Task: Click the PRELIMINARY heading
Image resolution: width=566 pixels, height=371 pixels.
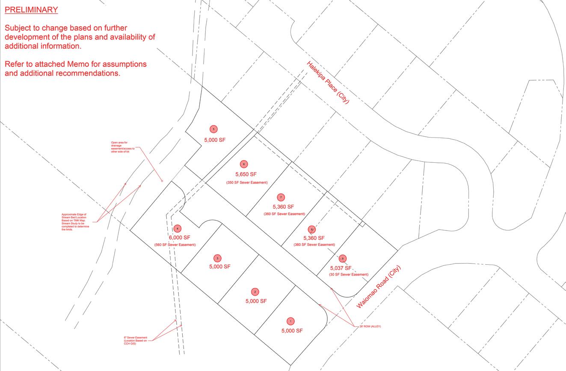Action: point(31,9)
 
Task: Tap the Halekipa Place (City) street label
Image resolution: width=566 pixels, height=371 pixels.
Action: point(328,83)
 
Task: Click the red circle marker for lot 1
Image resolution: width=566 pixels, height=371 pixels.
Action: point(290,321)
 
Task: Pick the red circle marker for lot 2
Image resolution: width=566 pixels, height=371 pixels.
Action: point(255,292)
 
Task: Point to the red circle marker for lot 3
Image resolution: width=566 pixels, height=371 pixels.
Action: point(218,258)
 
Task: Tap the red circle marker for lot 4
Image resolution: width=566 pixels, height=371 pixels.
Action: point(178,228)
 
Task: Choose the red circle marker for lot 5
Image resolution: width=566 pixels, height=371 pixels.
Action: point(213,129)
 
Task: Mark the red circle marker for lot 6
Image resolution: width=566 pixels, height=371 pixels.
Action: point(244,164)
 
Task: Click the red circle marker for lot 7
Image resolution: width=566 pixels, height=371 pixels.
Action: point(281,197)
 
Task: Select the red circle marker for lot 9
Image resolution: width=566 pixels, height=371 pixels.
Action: point(342,258)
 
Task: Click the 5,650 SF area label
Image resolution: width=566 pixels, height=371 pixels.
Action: point(246,174)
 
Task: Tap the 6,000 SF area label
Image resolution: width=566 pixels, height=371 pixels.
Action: point(180,237)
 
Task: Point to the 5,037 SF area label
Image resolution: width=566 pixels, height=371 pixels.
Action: point(341,268)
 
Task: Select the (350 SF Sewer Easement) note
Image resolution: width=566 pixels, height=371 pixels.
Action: point(247,183)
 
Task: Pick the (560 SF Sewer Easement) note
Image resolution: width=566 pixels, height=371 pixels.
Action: point(175,245)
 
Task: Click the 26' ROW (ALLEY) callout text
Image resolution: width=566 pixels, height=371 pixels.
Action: point(370,326)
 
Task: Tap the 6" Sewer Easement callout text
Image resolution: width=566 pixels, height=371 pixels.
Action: point(135,341)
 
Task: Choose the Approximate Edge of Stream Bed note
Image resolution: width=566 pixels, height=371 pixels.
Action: point(74,221)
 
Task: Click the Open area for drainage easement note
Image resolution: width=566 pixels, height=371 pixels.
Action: point(122,147)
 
